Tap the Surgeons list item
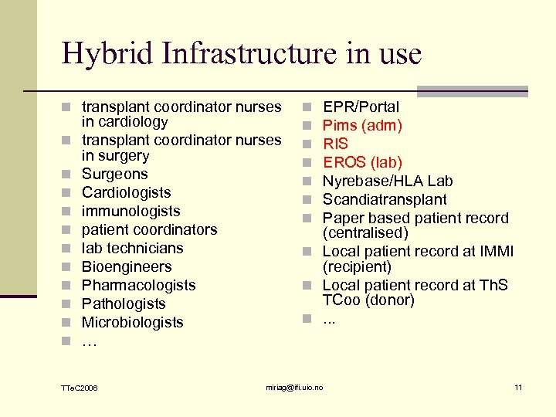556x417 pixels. pos(114,175)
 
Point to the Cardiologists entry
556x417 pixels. pos(126,193)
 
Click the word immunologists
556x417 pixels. pos(131,212)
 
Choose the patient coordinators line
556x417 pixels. pos(149,230)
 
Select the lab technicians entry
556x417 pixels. pos(132,249)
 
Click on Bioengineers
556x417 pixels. pos(127,267)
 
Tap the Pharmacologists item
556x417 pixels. pos(138,286)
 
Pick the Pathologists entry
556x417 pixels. pos(124,304)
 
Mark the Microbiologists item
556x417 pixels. pos(132,323)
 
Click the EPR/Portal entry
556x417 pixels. pos(361,107)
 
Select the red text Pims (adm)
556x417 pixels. pos(362,126)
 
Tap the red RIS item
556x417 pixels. pos(335,144)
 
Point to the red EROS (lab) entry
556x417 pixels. pos(362,163)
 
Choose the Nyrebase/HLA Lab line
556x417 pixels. pos(388,181)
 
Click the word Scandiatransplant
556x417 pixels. pos(385,200)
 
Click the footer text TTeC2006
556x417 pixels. pos(79,387)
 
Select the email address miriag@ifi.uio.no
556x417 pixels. pos(294,387)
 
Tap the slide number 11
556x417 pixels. pos(518,387)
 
